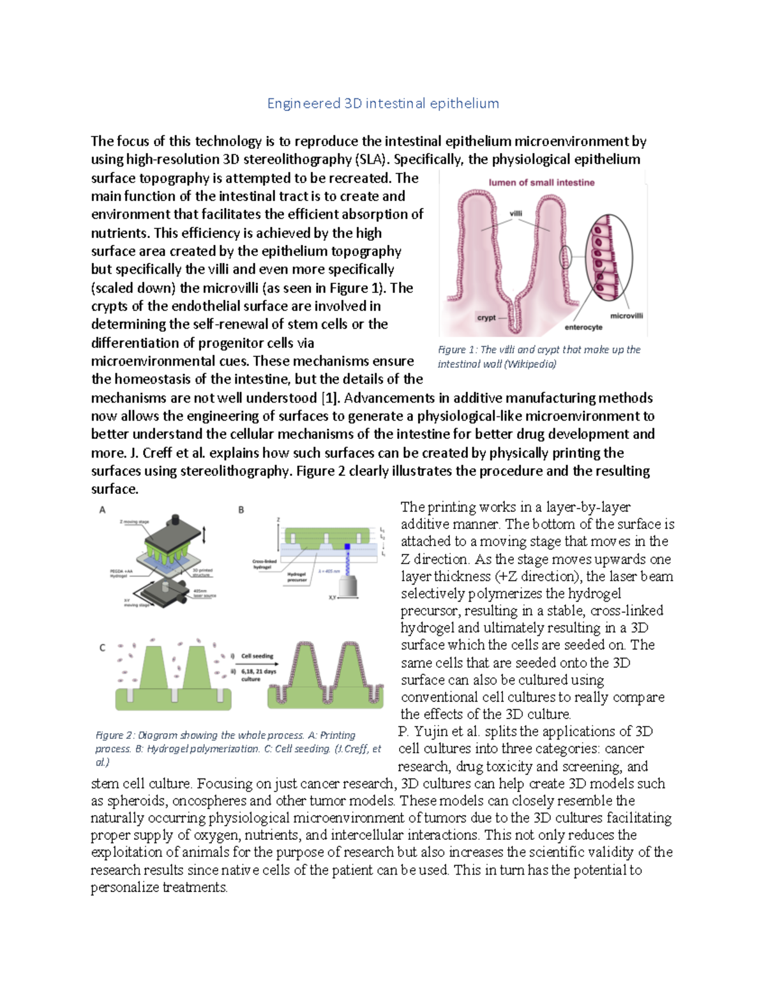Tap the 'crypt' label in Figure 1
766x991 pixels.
pyautogui.click(x=486, y=317)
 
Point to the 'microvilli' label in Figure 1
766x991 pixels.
pyautogui.click(x=626, y=316)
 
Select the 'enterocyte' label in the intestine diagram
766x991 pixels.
pyautogui.click(x=583, y=327)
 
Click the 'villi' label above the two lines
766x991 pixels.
pyautogui.click(x=516, y=214)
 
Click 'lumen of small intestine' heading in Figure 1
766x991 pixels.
pyautogui.click(x=541, y=183)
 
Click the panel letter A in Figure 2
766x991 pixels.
pyautogui.click(x=102, y=510)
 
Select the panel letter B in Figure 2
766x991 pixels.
pyautogui.click(x=241, y=510)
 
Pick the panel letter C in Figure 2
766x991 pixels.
pyautogui.click(x=102, y=648)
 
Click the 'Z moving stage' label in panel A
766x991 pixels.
pyautogui.click(x=134, y=522)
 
